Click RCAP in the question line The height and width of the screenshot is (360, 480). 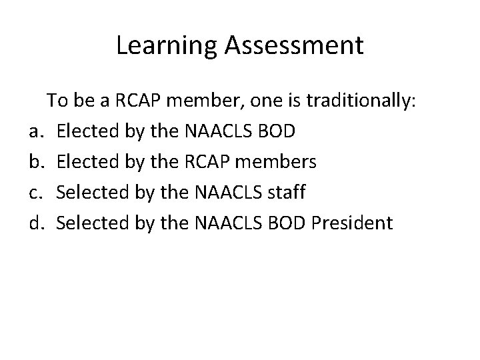[139, 101]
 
